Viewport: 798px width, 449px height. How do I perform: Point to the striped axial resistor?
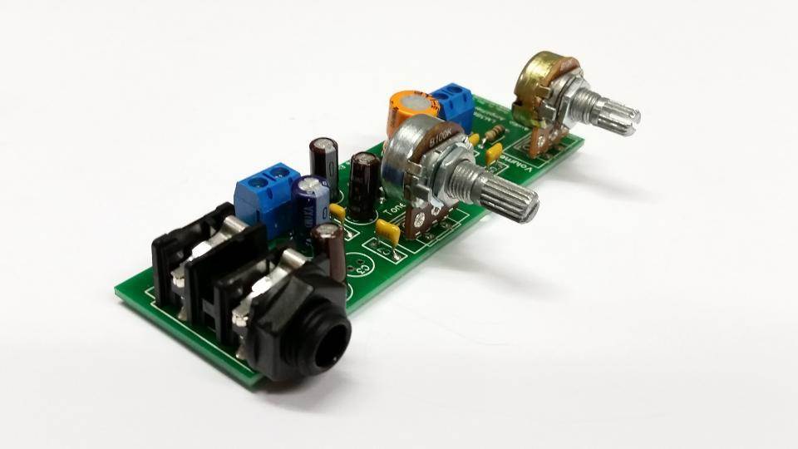pos(496,133)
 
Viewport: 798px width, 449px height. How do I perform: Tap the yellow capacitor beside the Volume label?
pos(494,152)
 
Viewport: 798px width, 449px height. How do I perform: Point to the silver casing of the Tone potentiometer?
pos(416,154)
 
